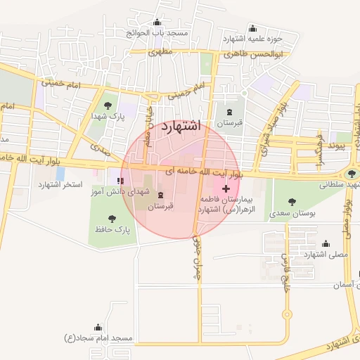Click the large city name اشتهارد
tap(181, 127)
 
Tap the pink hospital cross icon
tap(226, 189)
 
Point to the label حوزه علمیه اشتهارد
tap(252, 39)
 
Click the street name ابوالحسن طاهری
tap(253, 54)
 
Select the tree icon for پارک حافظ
tap(112, 219)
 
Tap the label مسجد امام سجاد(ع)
tap(98, 338)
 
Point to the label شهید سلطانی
tap(340, 185)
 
